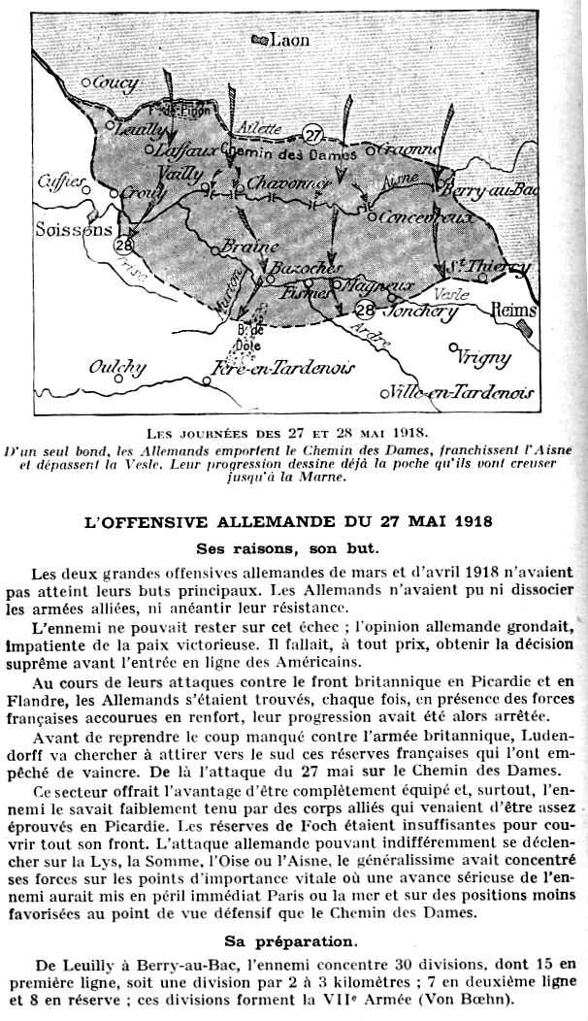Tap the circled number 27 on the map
tap(311, 134)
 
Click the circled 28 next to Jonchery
tap(365, 311)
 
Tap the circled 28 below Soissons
tap(123, 246)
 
